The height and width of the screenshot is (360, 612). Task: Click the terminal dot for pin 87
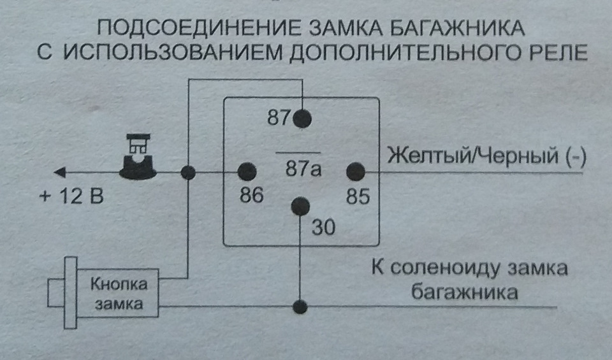(x=302, y=118)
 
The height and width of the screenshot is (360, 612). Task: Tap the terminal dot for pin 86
(x=247, y=171)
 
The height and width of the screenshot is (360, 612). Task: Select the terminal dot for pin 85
(x=355, y=171)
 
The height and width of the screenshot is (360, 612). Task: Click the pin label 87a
(x=303, y=170)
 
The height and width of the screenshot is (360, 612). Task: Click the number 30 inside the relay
(x=324, y=227)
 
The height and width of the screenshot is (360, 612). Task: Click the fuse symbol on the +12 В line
(x=138, y=157)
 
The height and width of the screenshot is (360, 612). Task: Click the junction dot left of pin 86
(x=188, y=172)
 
